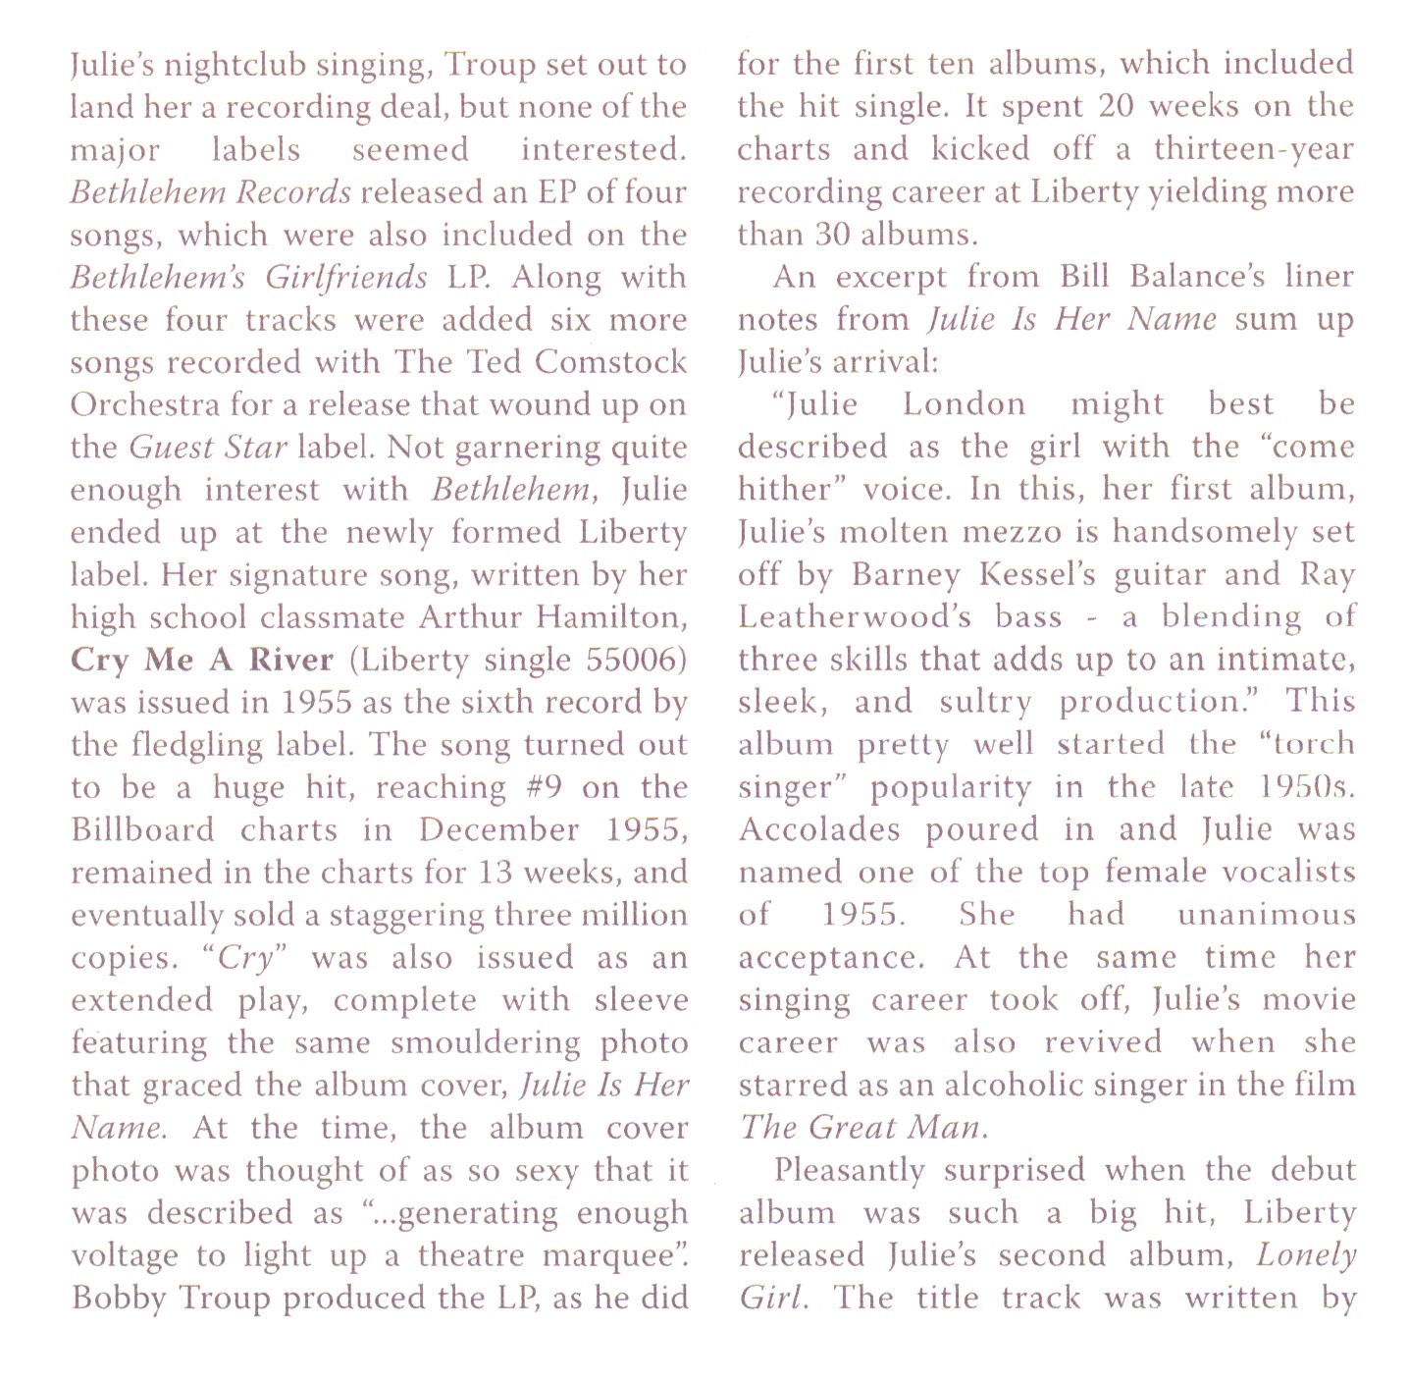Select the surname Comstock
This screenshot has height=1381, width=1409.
tap(611, 362)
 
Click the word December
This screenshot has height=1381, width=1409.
tap(498, 830)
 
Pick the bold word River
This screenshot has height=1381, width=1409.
tap(290, 660)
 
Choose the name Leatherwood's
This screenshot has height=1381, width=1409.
tap(856, 616)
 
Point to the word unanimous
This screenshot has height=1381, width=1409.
tap(1266, 915)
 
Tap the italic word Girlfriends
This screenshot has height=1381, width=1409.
tap(346, 278)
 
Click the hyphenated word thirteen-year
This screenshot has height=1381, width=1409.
tap(1253, 149)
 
